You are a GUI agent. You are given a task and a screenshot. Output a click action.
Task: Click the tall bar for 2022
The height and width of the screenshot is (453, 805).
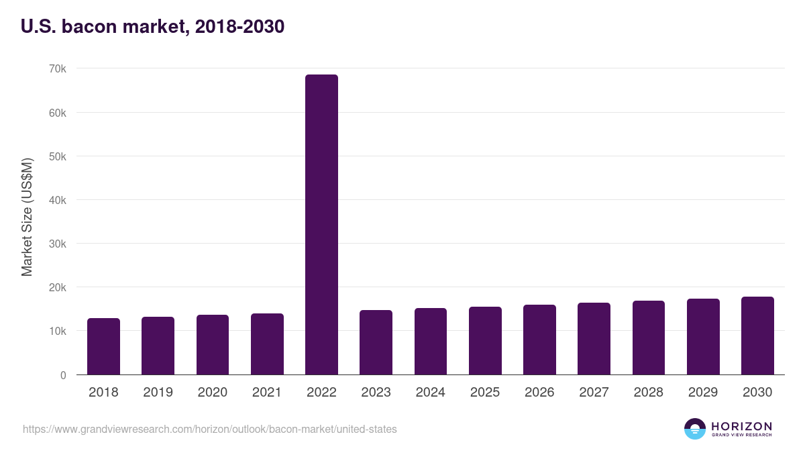[321, 224]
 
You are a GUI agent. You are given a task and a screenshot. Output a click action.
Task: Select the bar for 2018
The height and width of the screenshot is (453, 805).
[103, 346]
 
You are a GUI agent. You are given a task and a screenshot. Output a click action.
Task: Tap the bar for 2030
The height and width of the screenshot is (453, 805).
[757, 336]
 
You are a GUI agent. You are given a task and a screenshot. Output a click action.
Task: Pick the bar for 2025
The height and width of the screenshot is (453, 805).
[485, 340]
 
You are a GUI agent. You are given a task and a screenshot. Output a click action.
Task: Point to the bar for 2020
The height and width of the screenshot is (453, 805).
[213, 344]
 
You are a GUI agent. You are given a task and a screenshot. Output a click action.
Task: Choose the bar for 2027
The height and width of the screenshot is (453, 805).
[594, 338]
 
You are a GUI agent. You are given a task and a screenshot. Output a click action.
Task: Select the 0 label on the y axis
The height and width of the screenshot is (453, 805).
[63, 375]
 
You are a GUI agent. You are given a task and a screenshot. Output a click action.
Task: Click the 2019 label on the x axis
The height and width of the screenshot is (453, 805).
[158, 393]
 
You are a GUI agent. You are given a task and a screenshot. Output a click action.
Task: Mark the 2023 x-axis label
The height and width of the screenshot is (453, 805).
[376, 393]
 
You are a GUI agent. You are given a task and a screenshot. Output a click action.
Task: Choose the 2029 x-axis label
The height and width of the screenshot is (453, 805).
[703, 393]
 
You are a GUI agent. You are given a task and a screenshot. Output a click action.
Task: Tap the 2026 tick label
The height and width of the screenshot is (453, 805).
[539, 393]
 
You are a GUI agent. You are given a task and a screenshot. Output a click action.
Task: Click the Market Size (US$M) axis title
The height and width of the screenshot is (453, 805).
[27, 217]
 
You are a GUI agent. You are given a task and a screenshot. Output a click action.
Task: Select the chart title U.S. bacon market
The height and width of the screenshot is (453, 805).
[153, 26]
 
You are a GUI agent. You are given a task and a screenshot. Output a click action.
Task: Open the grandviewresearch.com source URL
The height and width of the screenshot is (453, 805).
[210, 429]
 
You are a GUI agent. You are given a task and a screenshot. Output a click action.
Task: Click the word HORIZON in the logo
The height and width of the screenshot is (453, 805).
[741, 426]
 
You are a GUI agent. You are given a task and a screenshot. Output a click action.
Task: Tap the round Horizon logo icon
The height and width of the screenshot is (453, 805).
[695, 429]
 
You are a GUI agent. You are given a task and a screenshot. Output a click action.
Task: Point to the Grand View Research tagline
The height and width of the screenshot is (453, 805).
[741, 435]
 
